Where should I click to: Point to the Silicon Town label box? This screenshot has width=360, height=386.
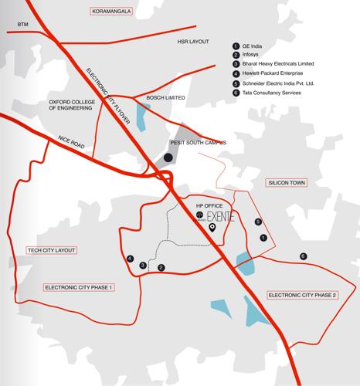[287, 182]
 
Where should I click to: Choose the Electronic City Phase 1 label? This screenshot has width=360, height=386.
[80, 287]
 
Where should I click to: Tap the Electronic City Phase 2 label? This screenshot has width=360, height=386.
[302, 295]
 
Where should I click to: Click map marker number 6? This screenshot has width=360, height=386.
[303, 256]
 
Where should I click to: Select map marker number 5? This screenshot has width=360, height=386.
[259, 222]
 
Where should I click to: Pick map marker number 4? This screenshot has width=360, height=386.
[131, 259]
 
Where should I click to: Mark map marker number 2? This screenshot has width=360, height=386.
[161, 267]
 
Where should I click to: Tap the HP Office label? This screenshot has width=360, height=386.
[209, 207]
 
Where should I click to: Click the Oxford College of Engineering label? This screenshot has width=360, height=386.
[75, 105]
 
